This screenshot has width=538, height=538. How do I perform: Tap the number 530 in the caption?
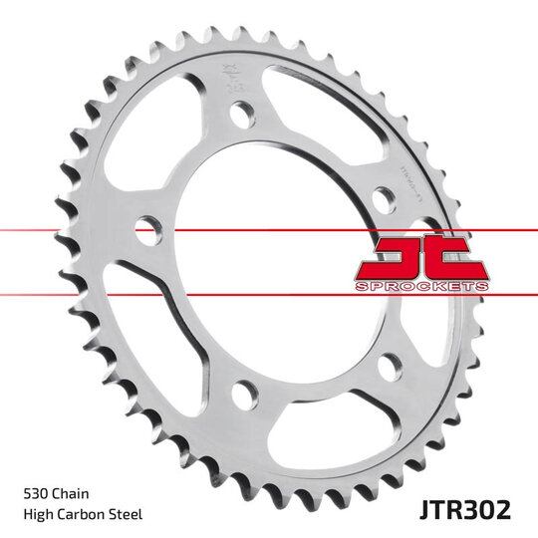pyautogui.click(x=36, y=492)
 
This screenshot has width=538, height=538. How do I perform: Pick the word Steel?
pyautogui.click(x=128, y=514)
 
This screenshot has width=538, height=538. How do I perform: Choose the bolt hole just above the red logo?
pyautogui.click(x=384, y=196)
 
